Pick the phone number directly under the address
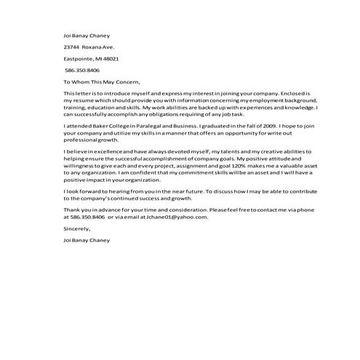click(x=82, y=71)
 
